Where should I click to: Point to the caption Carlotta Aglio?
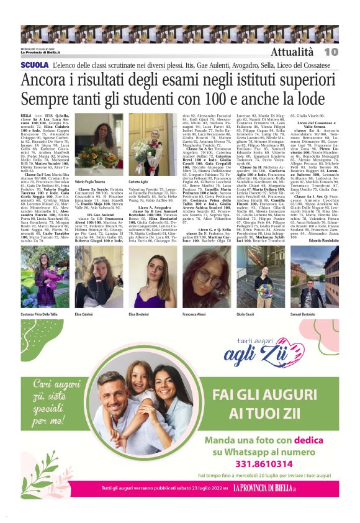coord(138,182)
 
